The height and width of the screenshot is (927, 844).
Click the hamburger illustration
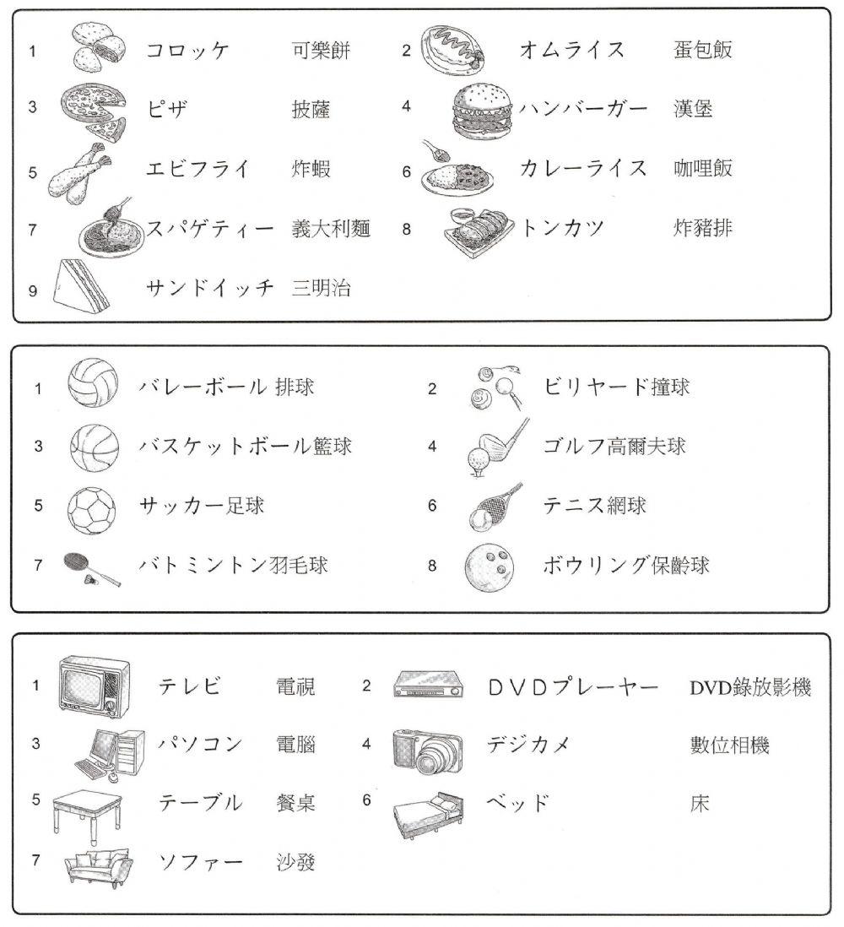(479, 111)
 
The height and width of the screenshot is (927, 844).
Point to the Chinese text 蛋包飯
(702, 50)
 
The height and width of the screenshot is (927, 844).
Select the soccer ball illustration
(89, 507)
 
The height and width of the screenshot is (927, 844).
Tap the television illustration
(94, 683)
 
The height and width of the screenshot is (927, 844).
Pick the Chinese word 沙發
(295, 863)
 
